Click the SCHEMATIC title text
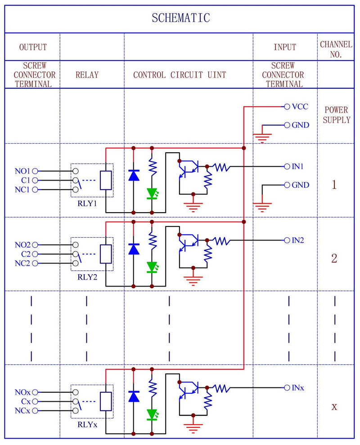(180, 18)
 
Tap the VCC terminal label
(300, 107)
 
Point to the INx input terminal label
(298, 387)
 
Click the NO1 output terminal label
(22, 171)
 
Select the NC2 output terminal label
(22, 263)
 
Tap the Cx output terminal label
(26, 401)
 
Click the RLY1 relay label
(87, 203)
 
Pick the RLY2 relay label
(87, 277)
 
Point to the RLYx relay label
(87, 424)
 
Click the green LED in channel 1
(152, 194)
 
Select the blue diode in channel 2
(134, 249)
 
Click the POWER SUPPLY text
(336, 115)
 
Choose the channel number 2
(334, 259)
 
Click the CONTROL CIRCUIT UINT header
(180, 75)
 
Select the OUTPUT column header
(33, 47)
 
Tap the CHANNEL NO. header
(336, 49)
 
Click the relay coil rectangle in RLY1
(106, 181)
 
